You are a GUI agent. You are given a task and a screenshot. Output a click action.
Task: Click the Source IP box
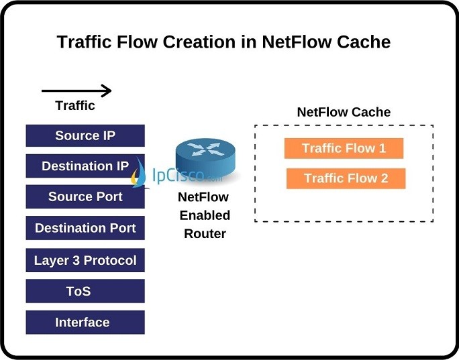[x=85, y=135]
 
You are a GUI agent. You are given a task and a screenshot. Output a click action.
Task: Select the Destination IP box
[x=85, y=166]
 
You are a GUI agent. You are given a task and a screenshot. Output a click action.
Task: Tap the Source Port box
[x=85, y=197]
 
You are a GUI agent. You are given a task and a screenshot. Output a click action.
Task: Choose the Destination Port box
[x=85, y=228]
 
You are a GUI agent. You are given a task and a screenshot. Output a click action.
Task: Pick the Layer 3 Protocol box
[x=85, y=260]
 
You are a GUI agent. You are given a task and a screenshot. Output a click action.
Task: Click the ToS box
[x=85, y=291]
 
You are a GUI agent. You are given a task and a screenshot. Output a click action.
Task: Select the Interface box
[x=85, y=322]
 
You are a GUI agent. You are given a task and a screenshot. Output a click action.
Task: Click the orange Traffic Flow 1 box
[x=344, y=148]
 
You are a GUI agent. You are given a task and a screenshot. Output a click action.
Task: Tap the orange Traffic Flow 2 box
[x=346, y=178]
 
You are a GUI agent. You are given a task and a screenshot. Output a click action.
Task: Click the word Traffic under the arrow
[x=75, y=106]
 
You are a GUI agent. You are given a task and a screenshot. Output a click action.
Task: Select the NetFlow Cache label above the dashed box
[x=344, y=112]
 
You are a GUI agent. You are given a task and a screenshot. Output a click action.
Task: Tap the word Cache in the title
[x=362, y=42]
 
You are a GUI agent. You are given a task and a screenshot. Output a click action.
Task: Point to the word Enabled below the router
[x=204, y=215]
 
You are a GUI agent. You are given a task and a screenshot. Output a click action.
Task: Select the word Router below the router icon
[x=204, y=233]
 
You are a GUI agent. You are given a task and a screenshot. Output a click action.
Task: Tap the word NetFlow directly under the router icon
[x=203, y=197]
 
